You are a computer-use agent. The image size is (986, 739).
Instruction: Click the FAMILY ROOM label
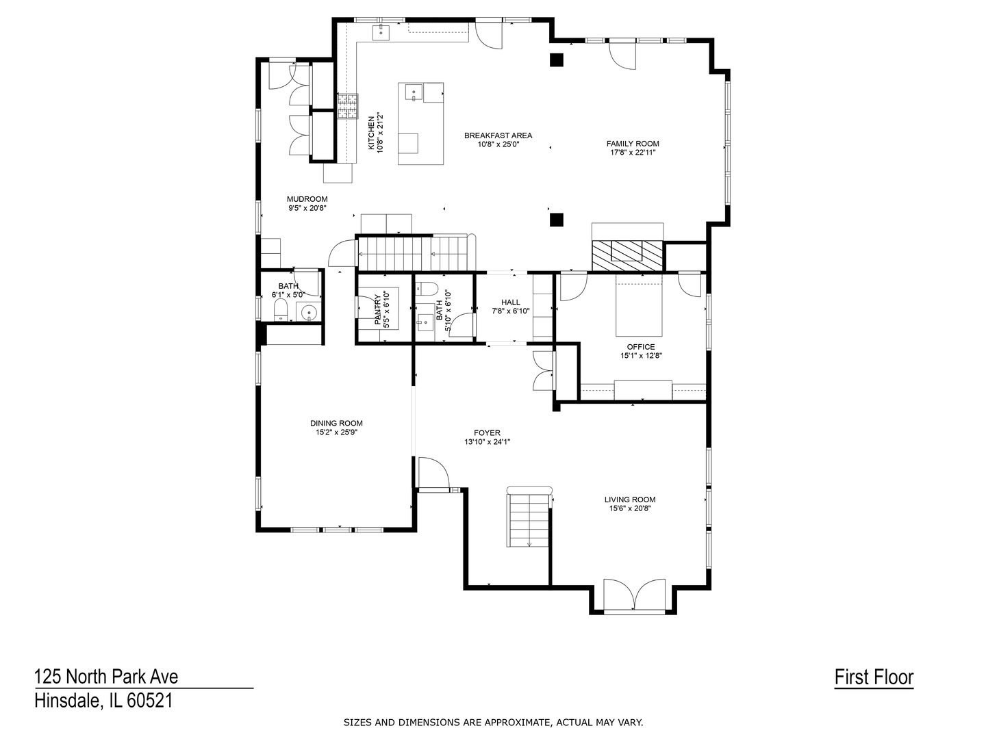(x=632, y=144)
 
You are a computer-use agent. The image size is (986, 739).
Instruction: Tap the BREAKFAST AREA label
(x=498, y=135)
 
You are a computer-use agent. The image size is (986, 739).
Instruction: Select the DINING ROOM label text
(x=336, y=423)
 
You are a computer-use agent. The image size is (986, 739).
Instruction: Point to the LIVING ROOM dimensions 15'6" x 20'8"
(x=629, y=508)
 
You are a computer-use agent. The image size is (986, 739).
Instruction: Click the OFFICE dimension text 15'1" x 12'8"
(x=641, y=356)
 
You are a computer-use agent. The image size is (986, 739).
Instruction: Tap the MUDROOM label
(x=307, y=199)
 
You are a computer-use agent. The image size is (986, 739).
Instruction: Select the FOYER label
(x=487, y=433)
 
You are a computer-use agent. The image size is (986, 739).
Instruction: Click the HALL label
(x=511, y=302)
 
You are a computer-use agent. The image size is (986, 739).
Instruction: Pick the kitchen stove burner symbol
(x=348, y=106)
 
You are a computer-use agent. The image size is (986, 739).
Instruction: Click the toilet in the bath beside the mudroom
(x=281, y=311)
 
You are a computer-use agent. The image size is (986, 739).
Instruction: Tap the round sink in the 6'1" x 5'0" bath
(x=309, y=311)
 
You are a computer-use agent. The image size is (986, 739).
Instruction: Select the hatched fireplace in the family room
(x=627, y=256)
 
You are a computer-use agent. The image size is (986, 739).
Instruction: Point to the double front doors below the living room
(x=634, y=595)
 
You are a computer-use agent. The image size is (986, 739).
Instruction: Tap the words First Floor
(x=874, y=677)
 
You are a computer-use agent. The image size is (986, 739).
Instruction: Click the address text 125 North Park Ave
(x=106, y=677)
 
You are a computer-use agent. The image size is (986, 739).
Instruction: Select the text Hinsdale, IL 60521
(x=104, y=701)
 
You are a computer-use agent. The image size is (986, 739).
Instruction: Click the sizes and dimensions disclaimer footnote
(x=493, y=723)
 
